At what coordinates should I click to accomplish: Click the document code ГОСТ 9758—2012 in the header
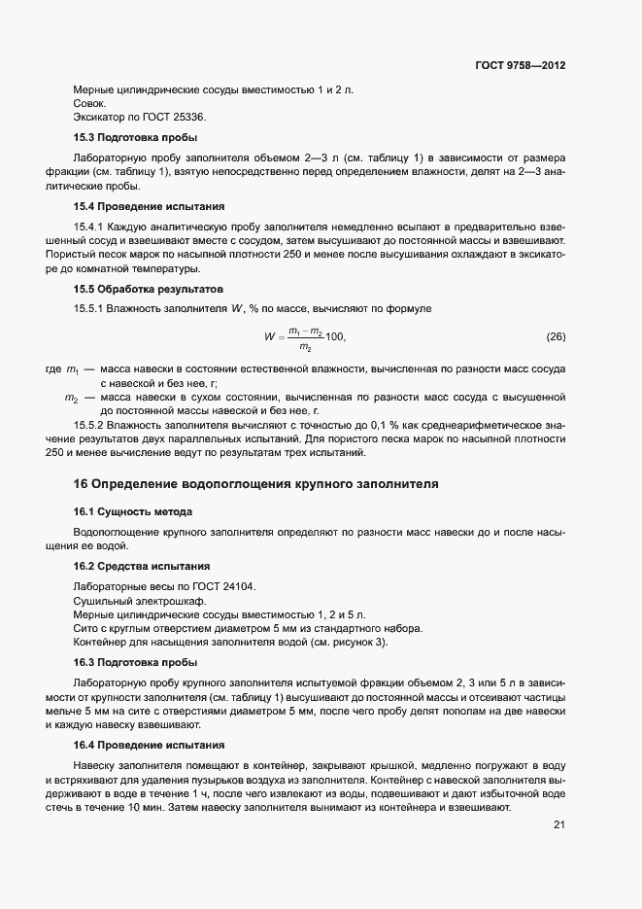pos(520,65)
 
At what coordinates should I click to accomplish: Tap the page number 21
pos(558,824)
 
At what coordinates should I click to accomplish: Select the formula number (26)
pos(556,337)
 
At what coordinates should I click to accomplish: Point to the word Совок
pos(90,103)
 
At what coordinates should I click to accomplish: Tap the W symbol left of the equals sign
pos(269,338)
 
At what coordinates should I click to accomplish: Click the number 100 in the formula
pos(334,336)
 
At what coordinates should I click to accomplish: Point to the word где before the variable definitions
pos(52,369)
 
